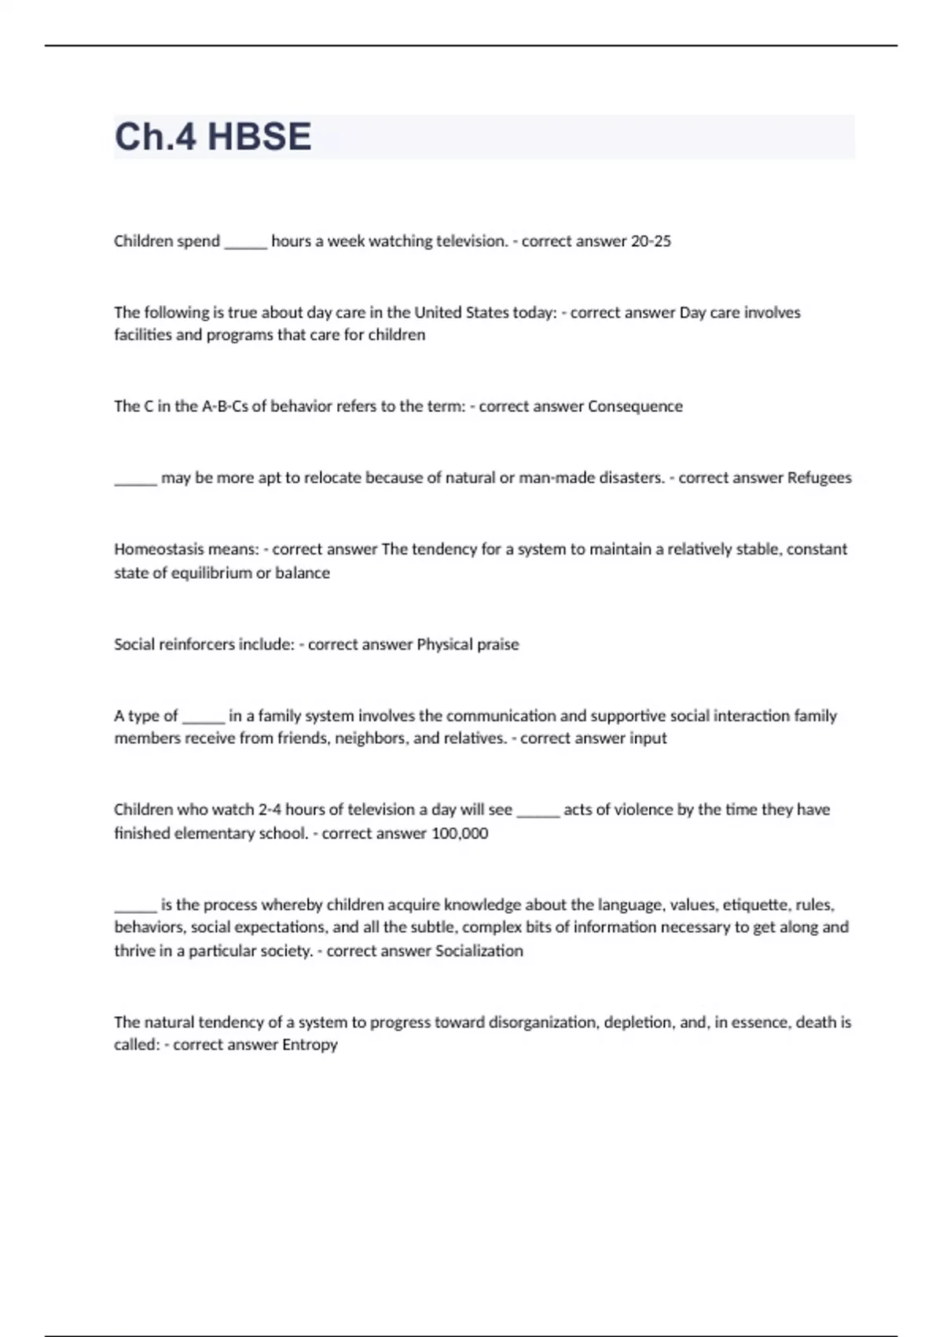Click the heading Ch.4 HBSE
213,137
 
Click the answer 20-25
651,241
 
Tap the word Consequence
635,407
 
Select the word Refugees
819,478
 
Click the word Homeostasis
159,549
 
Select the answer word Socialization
479,951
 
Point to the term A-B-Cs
224,407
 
